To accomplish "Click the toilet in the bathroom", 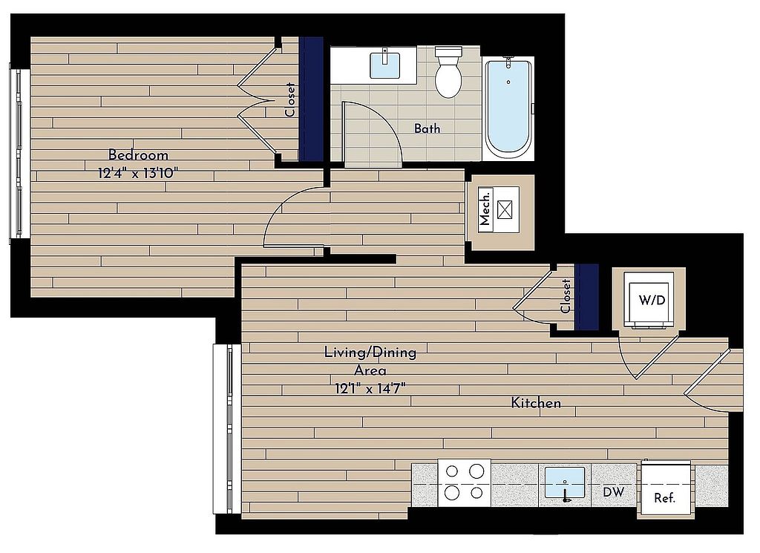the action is tap(448, 72).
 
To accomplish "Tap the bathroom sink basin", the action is tap(386, 65).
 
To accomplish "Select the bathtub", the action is tap(508, 107).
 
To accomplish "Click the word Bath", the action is tap(427, 128).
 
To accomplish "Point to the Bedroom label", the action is tap(138, 155).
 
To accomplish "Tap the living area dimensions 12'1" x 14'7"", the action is tap(370, 388).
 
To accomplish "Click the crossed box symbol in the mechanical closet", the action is tap(505, 209).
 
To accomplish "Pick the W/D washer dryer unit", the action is tap(649, 300).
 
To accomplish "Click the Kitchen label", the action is tap(536, 403).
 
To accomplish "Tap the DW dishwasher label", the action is tap(614, 492).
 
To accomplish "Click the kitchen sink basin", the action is tap(565, 482).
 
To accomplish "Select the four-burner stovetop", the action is tap(465, 482).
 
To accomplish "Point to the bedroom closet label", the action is tap(290, 100).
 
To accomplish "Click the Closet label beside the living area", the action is tap(565, 296).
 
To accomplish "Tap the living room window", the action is tap(226, 429).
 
